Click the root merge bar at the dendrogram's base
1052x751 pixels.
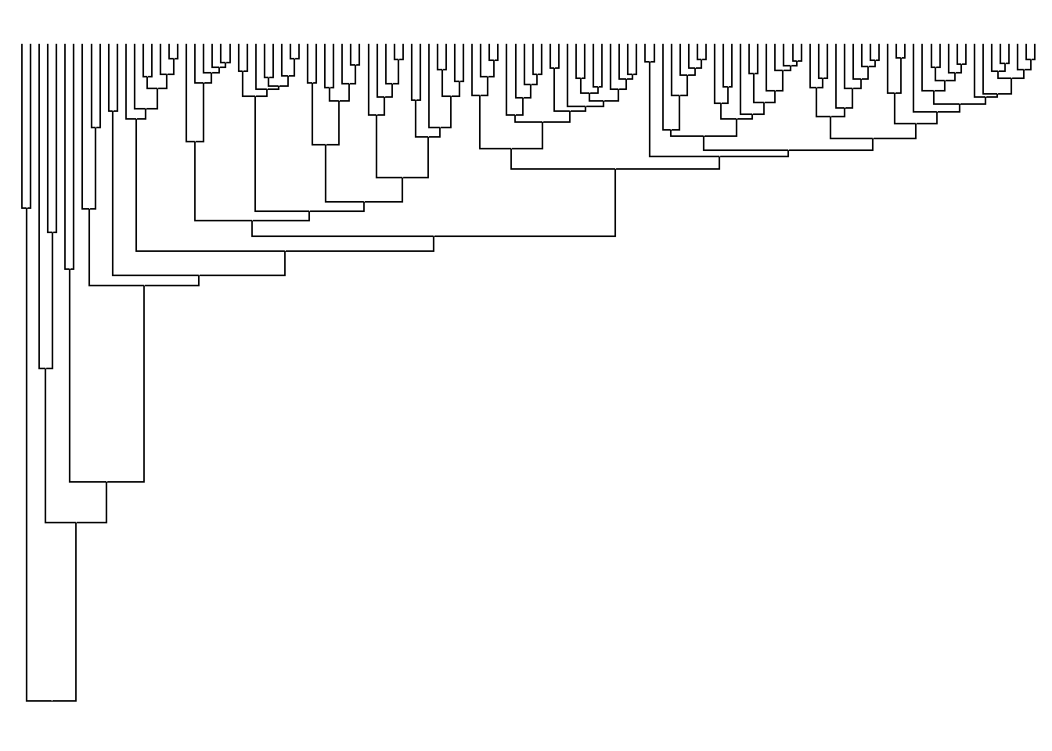[x=51, y=701]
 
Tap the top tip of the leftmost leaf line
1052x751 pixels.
[x=22, y=45]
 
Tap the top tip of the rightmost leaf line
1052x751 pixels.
[x=1034, y=45]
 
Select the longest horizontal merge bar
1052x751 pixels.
[x=434, y=235]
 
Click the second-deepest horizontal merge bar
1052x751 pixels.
[x=76, y=522]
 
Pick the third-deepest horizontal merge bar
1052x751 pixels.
[x=106, y=482]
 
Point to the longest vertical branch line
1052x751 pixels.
[x=27, y=454]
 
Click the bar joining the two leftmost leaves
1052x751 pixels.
[x=26, y=208]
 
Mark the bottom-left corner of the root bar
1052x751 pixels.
[x=27, y=701]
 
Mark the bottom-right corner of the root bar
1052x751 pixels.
[x=76, y=701]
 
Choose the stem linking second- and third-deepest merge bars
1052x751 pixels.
[x=106, y=502]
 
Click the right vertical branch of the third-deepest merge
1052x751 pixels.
[x=144, y=383]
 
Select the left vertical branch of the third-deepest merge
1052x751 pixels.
[x=70, y=375]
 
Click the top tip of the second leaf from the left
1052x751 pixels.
[x=31, y=45]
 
